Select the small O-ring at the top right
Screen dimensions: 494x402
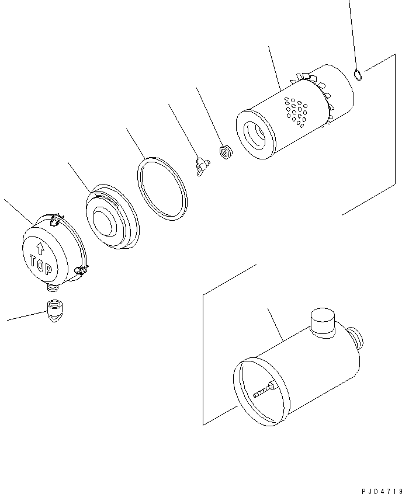[x=359, y=74]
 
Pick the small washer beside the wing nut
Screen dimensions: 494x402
[x=225, y=153]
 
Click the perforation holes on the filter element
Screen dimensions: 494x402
[x=296, y=112]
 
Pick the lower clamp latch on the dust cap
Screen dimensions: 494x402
[x=81, y=270]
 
